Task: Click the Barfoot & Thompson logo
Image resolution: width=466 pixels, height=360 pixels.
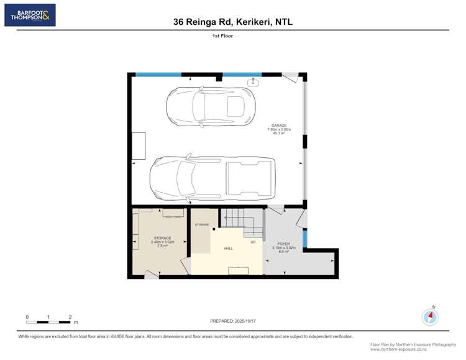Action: point(30,15)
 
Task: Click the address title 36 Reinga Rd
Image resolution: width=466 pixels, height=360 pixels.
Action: point(232,22)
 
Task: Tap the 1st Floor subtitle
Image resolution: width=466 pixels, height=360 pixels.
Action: point(222,37)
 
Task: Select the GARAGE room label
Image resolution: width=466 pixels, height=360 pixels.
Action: point(279,129)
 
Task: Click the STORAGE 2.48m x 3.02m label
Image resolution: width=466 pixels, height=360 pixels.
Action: point(162,242)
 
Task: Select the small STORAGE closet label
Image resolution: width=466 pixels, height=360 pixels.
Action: point(202,224)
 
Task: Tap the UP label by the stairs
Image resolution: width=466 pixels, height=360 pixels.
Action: point(253,242)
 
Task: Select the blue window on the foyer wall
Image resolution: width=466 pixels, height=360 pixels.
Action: point(304,238)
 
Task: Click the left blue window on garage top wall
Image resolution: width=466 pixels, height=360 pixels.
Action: point(158,75)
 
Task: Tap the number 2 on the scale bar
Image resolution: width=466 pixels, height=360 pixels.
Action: point(70,317)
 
